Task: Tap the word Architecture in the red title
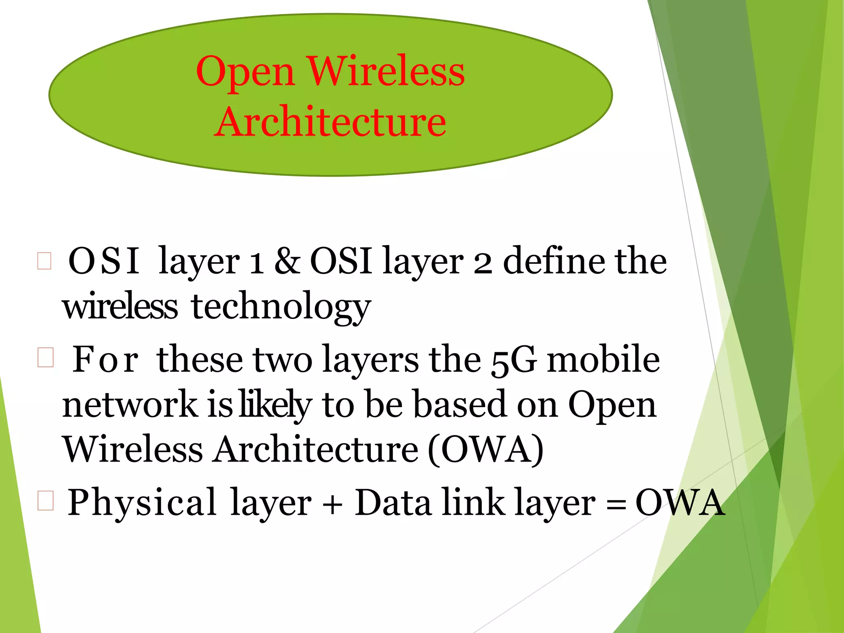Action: pyautogui.click(x=330, y=122)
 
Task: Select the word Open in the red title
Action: pyautogui.click(x=246, y=72)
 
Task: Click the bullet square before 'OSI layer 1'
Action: pyautogui.click(x=44, y=261)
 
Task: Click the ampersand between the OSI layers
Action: pyautogui.click(x=287, y=261)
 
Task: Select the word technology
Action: pyautogui.click(x=281, y=307)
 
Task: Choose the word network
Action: pyautogui.click(x=130, y=405)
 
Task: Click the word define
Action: pyautogui.click(x=555, y=261)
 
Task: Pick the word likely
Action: pyautogui.click(x=276, y=405)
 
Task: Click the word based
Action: pyautogui.click(x=460, y=405)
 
